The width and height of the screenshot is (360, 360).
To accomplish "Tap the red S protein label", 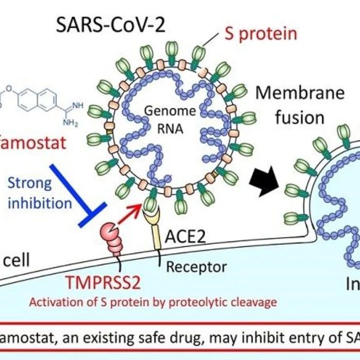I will (x=261, y=34).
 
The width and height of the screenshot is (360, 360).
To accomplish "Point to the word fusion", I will (x=297, y=117).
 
